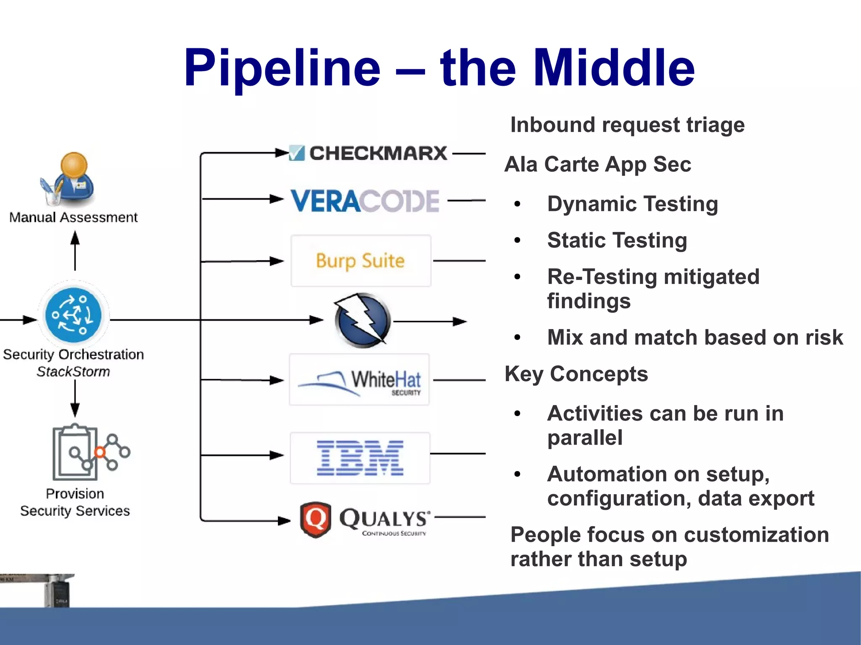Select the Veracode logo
click(365, 201)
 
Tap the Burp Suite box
click(361, 261)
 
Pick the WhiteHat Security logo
click(360, 380)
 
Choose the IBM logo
click(360, 458)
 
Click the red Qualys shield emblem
click(315, 519)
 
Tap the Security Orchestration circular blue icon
click(74, 315)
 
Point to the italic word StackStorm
click(73, 372)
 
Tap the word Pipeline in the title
click(282, 68)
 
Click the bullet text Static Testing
click(617, 240)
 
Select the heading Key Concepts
click(576, 374)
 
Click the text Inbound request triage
click(627, 125)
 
